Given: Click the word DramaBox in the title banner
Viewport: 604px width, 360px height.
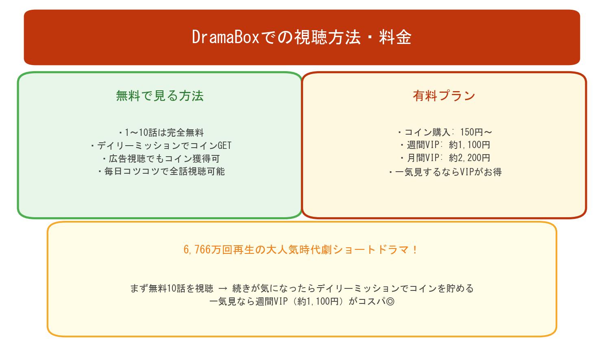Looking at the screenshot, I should click(225, 37).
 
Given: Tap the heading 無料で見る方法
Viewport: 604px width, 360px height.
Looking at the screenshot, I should click(159, 96).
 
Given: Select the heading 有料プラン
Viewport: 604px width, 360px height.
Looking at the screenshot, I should click(444, 96).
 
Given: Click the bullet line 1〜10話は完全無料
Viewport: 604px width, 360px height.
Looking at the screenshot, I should click(161, 133).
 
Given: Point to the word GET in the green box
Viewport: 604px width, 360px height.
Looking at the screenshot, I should click(225, 146).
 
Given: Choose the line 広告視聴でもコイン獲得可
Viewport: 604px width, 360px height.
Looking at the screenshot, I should click(161, 159).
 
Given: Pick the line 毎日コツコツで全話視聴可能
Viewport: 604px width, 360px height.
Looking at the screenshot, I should click(161, 171).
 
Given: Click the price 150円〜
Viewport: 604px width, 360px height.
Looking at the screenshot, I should click(476, 132).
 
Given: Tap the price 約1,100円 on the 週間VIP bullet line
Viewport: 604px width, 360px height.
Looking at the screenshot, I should click(469, 145).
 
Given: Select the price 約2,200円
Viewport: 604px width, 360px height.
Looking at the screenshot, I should click(469, 158).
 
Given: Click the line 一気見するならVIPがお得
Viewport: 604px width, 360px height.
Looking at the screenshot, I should click(445, 172).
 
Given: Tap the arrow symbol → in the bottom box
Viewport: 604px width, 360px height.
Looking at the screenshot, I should click(222, 289).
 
